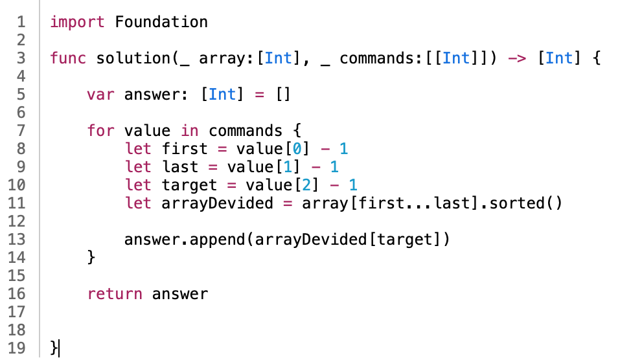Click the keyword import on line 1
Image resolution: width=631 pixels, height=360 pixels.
click(x=78, y=21)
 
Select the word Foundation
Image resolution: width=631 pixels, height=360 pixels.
click(x=161, y=21)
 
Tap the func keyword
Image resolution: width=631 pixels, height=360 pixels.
click(x=69, y=58)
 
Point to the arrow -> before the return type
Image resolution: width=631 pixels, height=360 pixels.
click(x=516, y=58)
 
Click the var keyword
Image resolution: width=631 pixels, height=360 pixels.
click(x=100, y=95)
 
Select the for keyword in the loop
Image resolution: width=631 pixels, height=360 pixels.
click(x=100, y=131)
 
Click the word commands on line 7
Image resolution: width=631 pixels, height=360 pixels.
click(x=246, y=131)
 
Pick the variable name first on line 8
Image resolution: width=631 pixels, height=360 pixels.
click(x=185, y=149)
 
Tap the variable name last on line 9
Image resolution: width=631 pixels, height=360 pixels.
click(x=181, y=167)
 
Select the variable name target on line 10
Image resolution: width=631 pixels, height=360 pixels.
click(x=190, y=185)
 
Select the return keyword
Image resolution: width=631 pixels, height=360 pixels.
click(x=115, y=294)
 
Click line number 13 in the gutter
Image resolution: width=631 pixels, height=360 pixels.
click(x=18, y=240)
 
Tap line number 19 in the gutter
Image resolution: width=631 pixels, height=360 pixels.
click(x=18, y=348)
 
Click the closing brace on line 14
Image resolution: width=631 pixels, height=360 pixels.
click(x=91, y=258)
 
